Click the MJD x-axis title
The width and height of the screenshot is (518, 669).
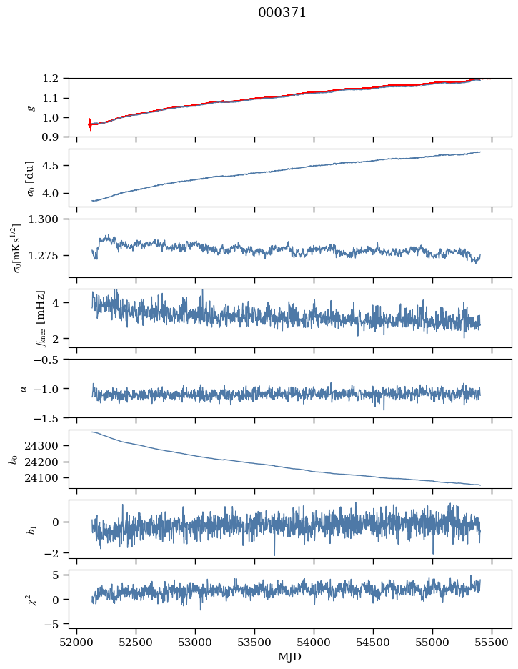(x=290, y=656)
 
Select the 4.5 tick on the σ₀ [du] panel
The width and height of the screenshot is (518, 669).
(x=54, y=166)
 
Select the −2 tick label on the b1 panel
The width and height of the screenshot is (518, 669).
(x=54, y=553)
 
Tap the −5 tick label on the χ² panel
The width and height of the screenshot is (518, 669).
(x=54, y=624)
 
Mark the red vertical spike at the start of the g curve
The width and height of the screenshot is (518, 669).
(x=90, y=124)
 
